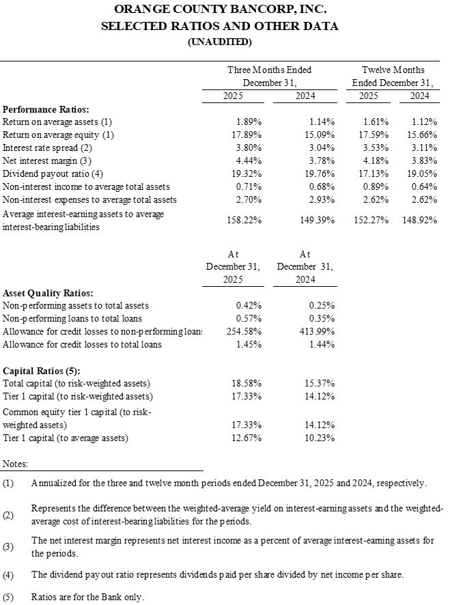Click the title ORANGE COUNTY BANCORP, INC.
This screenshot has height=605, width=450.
coord(219,10)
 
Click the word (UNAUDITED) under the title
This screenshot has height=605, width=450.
coord(219,42)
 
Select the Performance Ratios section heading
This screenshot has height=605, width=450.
coord(46,109)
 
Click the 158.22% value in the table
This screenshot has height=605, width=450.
coord(244,220)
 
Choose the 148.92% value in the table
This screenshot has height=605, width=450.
coord(419,220)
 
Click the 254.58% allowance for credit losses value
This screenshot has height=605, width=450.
coord(244,331)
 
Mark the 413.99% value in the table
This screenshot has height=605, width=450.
coord(316,331)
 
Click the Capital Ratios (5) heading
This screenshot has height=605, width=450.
coord(42,371)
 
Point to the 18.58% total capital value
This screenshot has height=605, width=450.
coord(247,384)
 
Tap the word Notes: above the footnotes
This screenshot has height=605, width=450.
coord(16,464)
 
